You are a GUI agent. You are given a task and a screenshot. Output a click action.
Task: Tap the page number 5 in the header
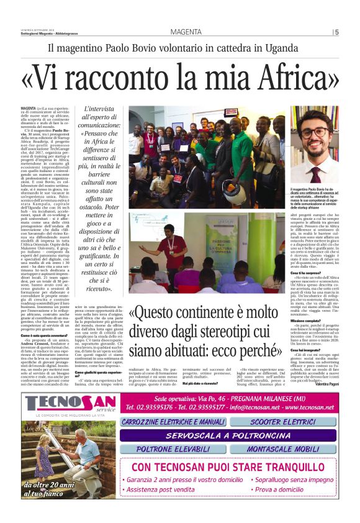point(337,32)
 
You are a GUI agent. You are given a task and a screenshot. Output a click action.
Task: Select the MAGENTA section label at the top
point(187,32)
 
